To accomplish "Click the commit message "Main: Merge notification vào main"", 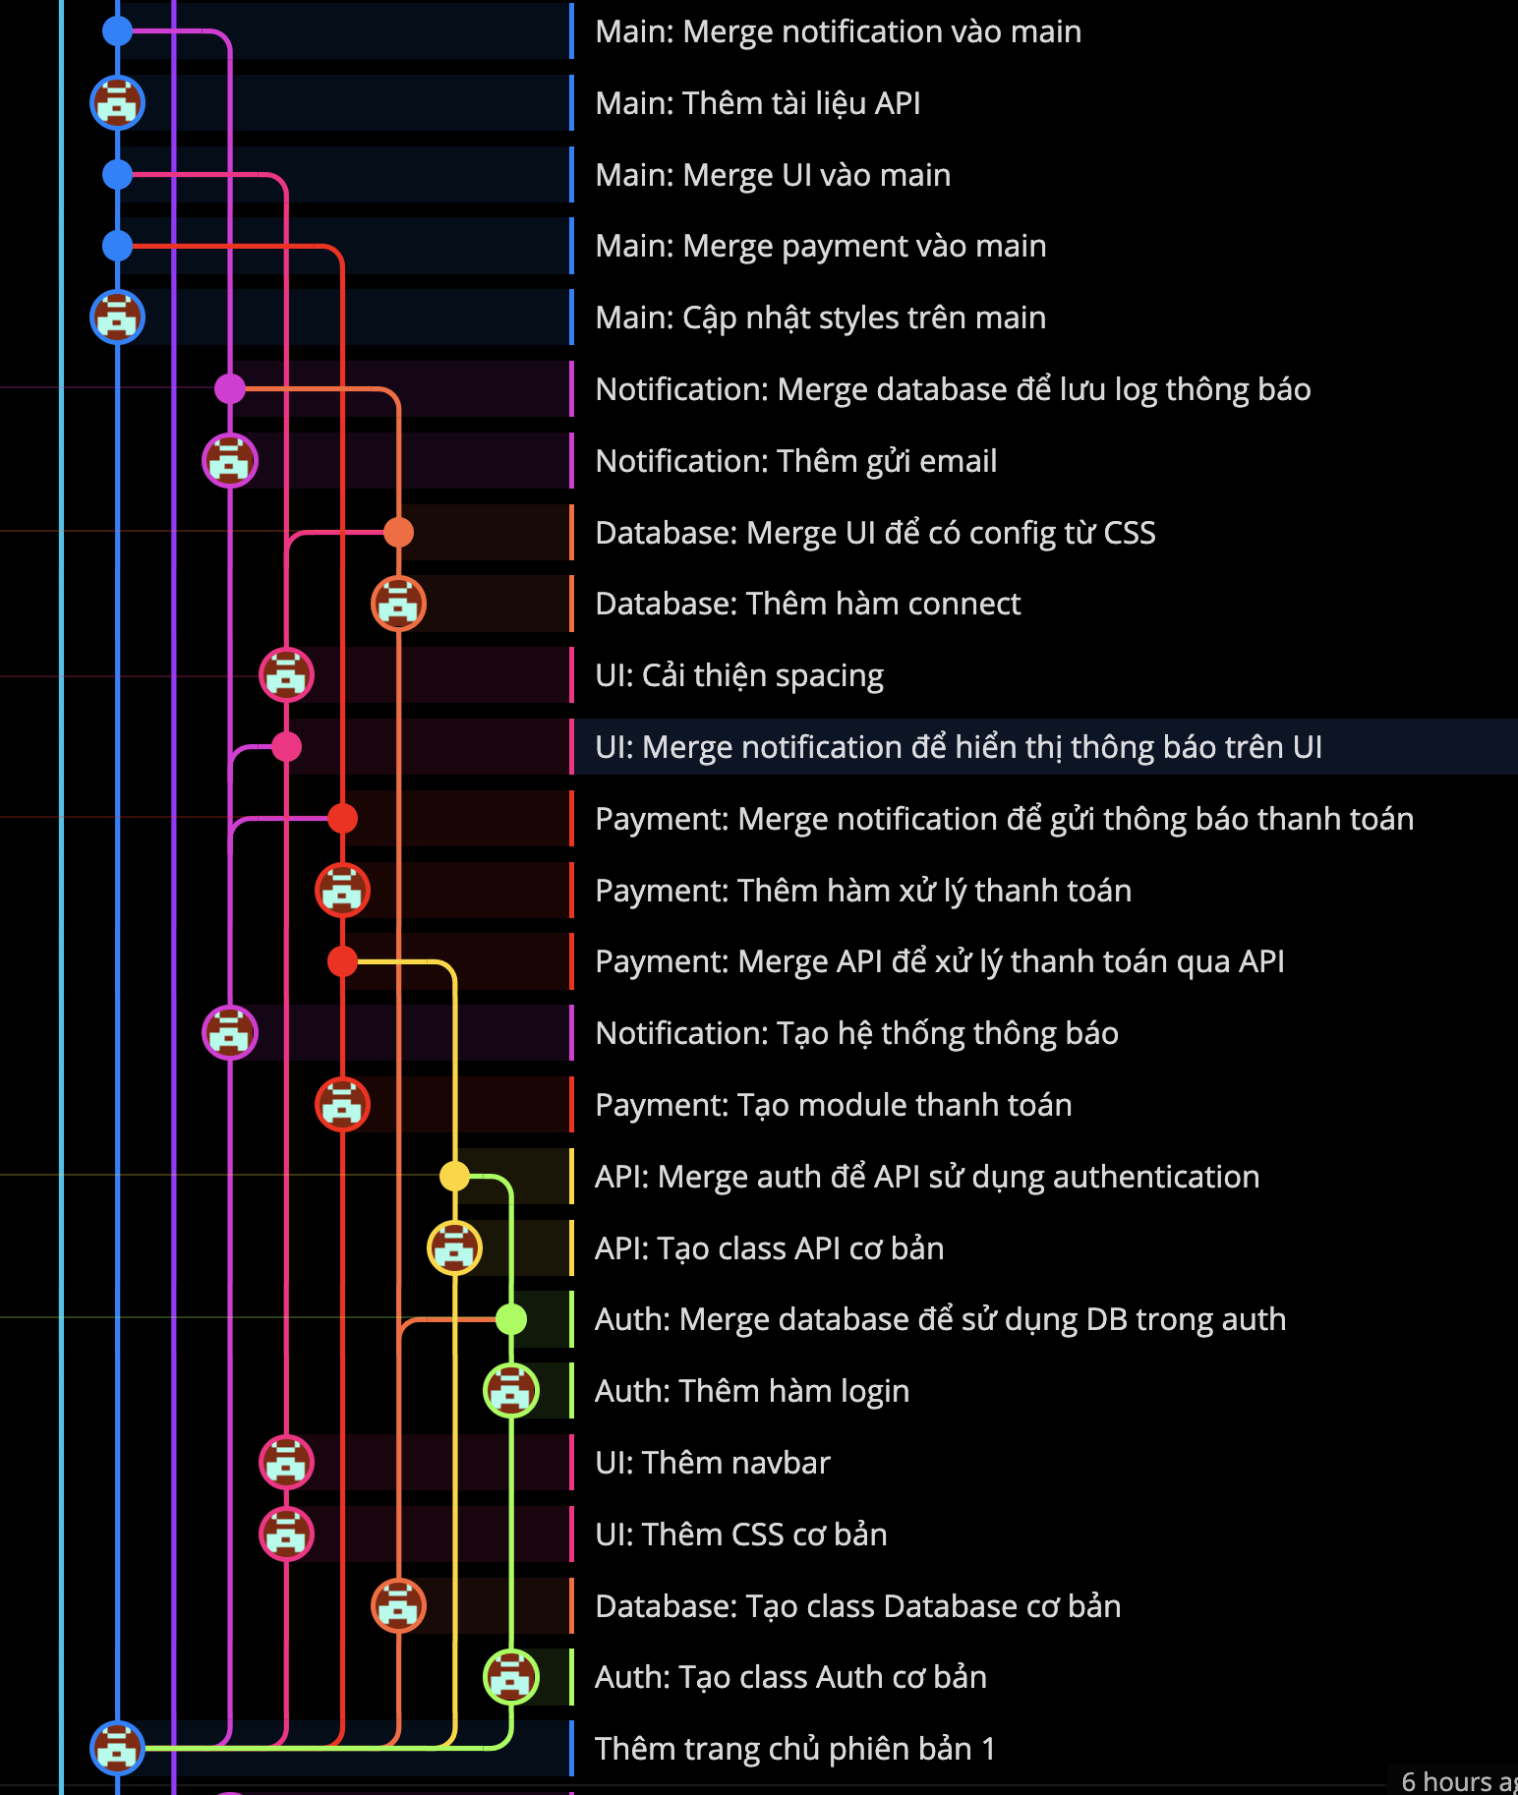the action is coord(838,31).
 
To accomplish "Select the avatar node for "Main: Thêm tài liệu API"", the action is coord(118,102).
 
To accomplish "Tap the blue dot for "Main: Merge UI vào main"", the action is coord(118,175).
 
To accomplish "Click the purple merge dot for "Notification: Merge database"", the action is coord(230,389).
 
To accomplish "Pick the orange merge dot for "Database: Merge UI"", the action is coord(398,532).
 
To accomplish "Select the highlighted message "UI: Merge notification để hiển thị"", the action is coord(959,747).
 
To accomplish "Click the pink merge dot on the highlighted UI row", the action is coord(286,747).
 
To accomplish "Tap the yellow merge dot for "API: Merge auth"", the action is coord(454,1176).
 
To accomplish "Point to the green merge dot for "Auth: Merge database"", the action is coord(511,1319).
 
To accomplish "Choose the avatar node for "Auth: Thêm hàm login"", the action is coord(511,1390).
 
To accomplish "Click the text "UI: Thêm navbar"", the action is coord(713,1463).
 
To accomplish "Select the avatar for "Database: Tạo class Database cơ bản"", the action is coord(398,1605).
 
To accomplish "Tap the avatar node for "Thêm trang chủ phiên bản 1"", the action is coord(118,1748).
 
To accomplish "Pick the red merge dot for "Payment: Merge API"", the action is coord(342,961).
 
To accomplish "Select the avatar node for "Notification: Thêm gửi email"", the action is coord(230,460).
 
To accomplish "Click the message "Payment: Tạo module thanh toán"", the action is coord(834,1105).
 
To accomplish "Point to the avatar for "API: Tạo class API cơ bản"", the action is coord(454,1247).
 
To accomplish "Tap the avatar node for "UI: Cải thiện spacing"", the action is coord(286,675).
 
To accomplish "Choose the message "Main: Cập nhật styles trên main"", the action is coord(821,318).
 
